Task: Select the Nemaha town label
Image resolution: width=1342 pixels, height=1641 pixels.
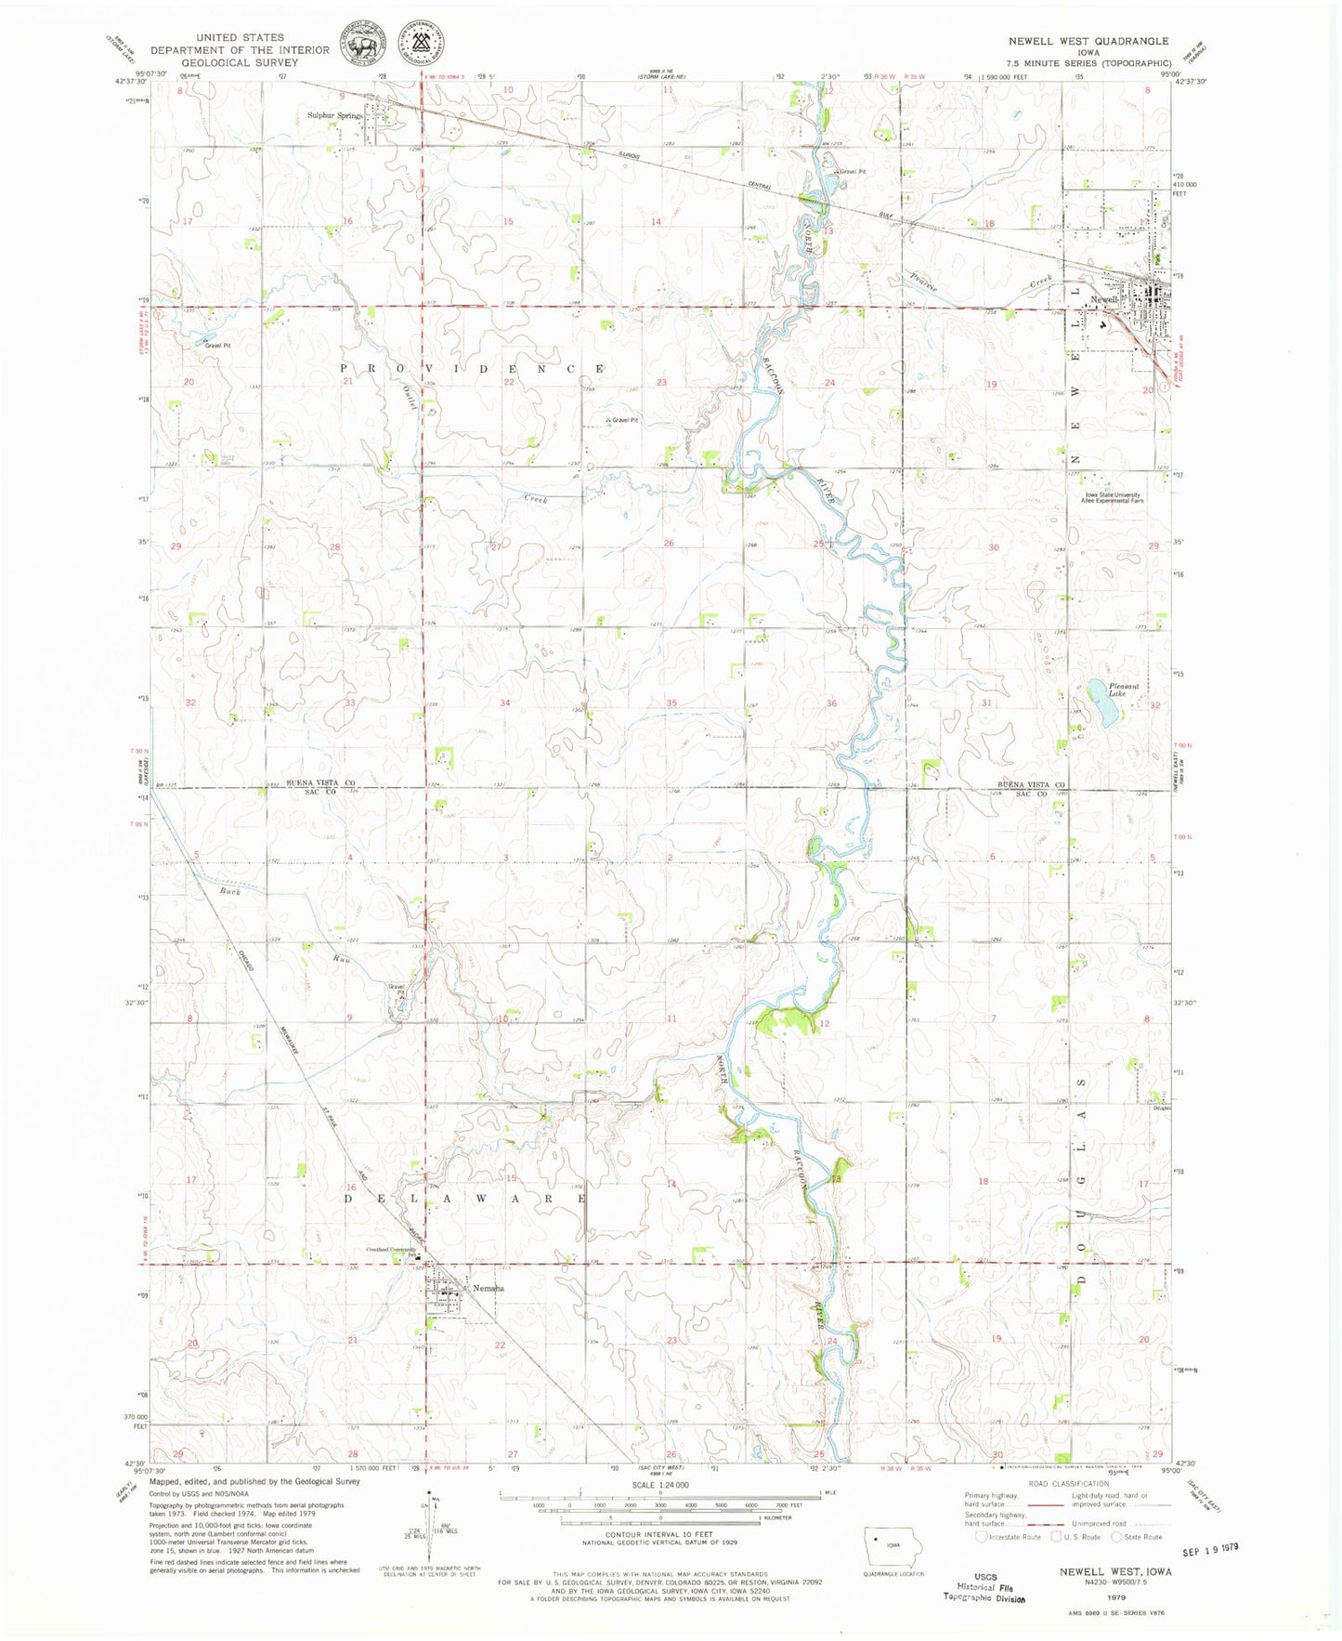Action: [x=488, y=1288]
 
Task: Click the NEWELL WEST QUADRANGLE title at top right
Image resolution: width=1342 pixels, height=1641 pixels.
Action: [x=1088, y=41]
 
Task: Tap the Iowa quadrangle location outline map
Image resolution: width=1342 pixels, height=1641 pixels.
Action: [x=889, y=1543]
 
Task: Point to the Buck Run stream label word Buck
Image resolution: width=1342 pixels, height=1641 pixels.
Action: [x=230, y=891]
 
